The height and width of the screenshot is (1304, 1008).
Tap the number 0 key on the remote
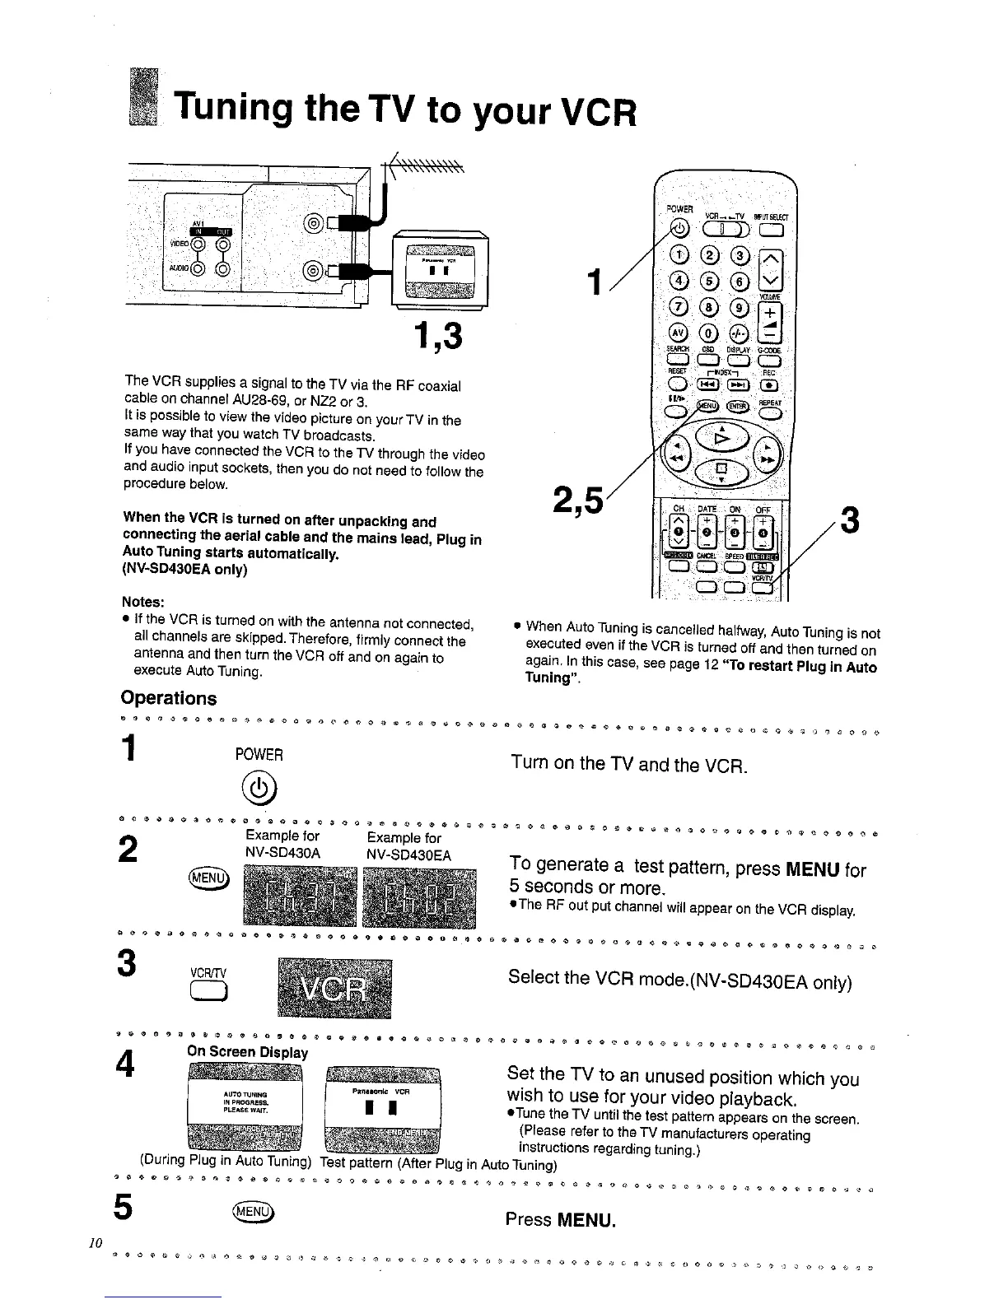click(705, 333)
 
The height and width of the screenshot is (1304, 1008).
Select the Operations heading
click(169, 698)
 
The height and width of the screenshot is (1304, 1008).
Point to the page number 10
click(96, 1243)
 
